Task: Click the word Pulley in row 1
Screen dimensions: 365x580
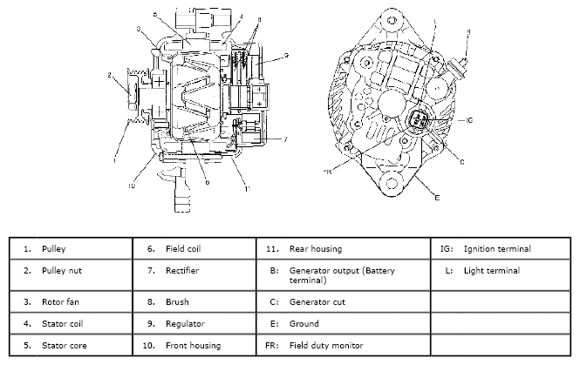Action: [x=54, y=248]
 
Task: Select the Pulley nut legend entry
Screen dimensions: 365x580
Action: [x=61, y=271]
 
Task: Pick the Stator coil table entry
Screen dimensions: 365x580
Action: [x=62, y=323]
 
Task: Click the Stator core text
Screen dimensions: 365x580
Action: [x=63, y=346]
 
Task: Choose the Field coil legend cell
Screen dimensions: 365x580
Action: [x=184, y=248]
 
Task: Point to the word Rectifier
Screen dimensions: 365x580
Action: [x=182, y=271]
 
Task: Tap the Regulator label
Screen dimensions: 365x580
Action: [x=185, y=323]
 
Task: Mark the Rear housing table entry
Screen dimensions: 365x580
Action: [x=317, y=248]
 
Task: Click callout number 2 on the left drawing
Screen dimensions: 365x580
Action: [x=109, y=77]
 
